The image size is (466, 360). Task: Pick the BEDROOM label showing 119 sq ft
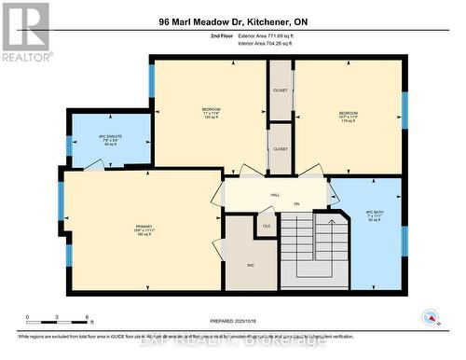pos(348,115)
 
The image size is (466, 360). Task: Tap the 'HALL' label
pos(275,195)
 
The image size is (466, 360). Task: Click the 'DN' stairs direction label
pos(297,204)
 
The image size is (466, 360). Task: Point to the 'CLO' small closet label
pos(266,226)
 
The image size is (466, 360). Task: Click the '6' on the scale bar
pos(86,317)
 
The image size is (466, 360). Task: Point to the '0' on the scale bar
pos(28,317)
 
